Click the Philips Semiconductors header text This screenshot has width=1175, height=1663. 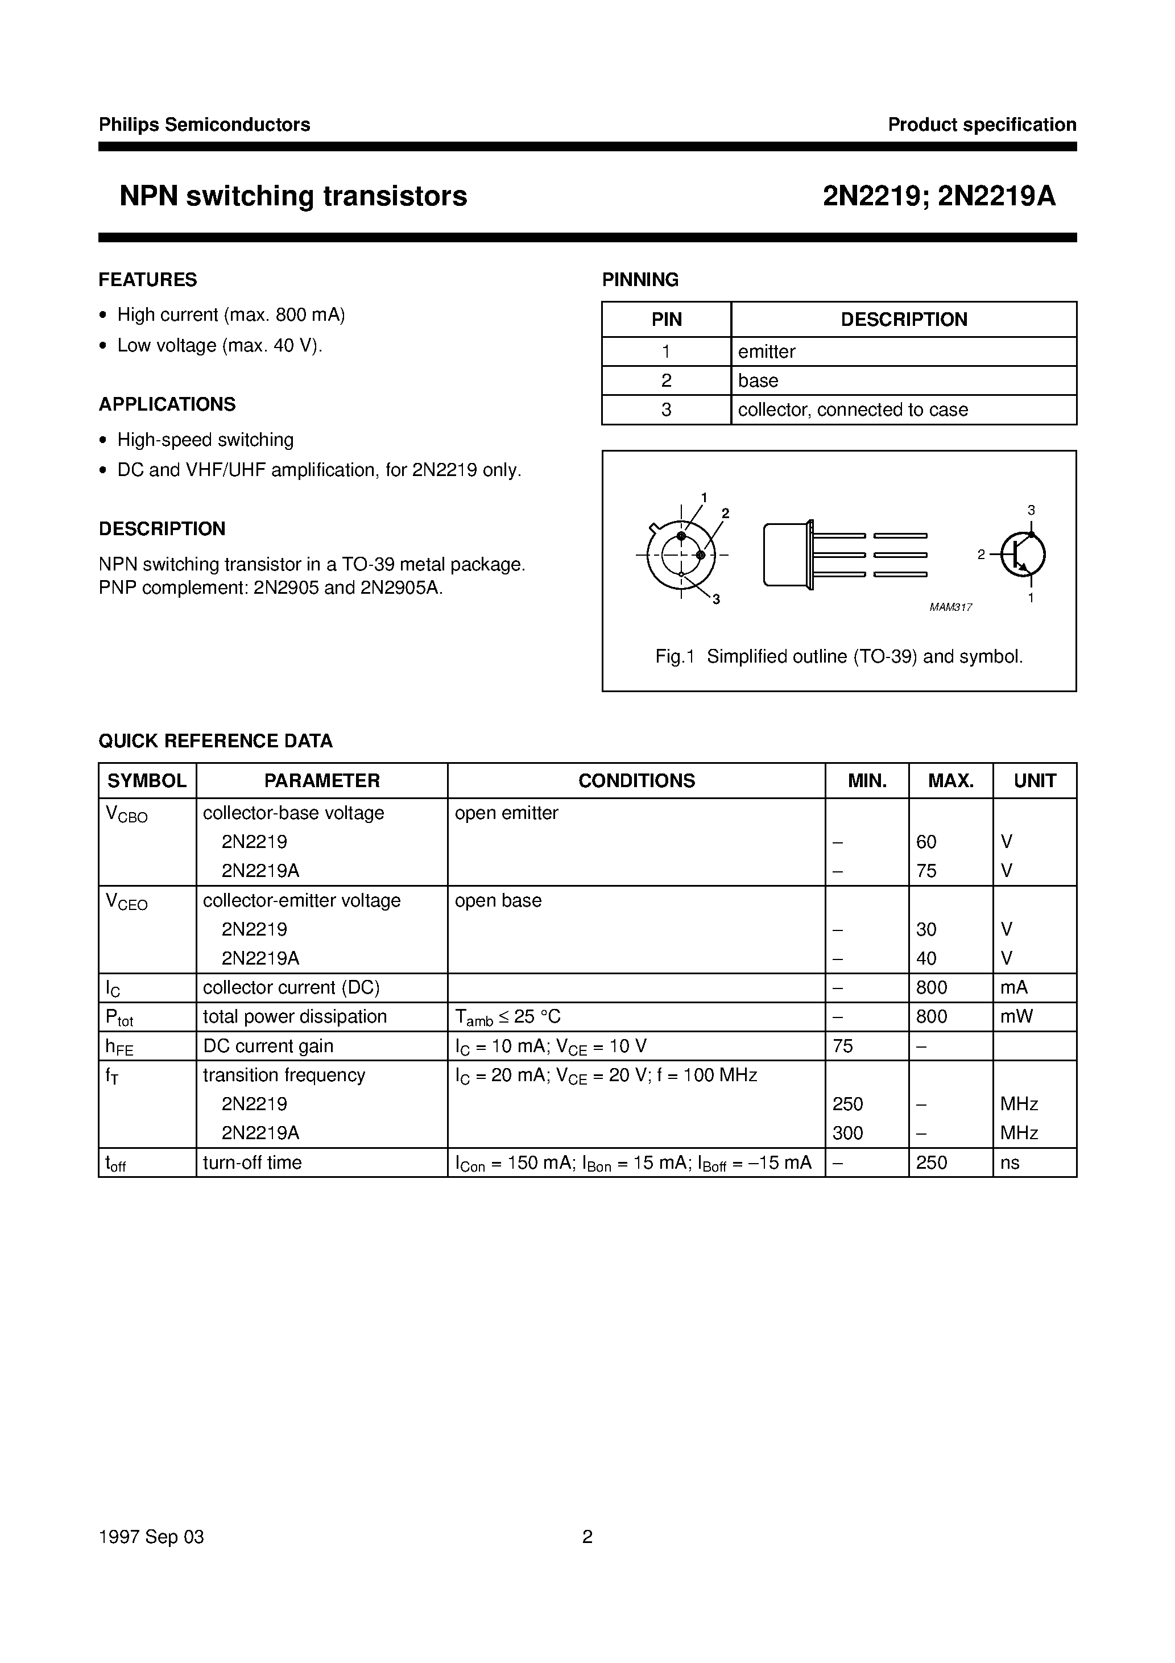[x=204, y=125]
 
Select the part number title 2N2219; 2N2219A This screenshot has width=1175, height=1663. [x=939, y=196]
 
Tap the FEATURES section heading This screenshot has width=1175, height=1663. [x=148, y=280]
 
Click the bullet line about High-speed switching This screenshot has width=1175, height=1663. [x=205, y=440]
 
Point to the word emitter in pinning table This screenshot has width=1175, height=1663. [x=767, y=352]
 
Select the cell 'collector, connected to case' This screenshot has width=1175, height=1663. [x=853, y=410]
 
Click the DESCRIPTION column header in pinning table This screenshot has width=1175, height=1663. [x=903, y=320]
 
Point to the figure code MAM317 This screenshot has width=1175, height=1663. [x=950, y=607]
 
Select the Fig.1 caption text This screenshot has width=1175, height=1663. [x=839, y=657]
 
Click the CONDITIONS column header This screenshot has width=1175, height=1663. [x=636, y=781]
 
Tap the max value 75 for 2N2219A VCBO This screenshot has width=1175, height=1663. [x=926, y=871]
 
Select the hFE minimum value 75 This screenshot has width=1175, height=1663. [x=843, y=1046]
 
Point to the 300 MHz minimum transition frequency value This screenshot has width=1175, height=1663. [x=847, y=1133]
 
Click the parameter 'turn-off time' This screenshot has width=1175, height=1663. [x=252, y=1163]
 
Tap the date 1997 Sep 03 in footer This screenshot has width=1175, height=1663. [x=151, y=1537]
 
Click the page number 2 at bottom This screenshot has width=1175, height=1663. [x=587, y=1537]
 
